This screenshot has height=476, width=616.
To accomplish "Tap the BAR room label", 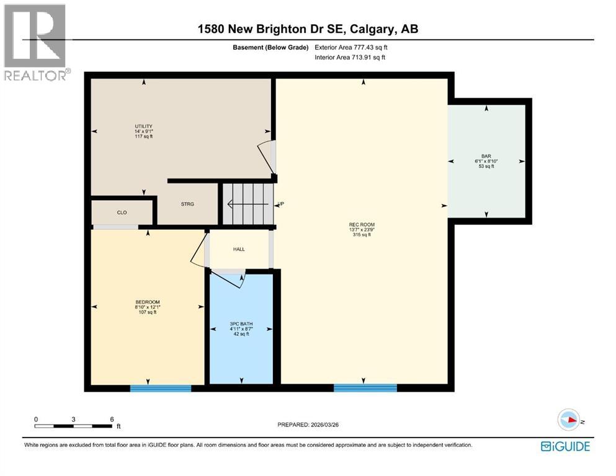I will [486, 156].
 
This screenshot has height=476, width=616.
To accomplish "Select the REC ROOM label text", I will [362, 224].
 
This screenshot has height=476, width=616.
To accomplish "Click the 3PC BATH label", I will [241, 324].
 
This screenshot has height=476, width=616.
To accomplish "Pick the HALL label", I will [239, 249].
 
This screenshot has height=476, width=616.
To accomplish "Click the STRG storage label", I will [188, 204].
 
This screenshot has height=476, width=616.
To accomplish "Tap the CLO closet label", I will [122, 213].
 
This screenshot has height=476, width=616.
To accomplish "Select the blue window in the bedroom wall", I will [161, 389].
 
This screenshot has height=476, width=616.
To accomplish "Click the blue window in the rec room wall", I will [365, 389].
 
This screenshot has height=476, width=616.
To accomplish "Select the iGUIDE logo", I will [565, 446].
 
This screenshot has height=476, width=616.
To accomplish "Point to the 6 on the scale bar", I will [112, 419].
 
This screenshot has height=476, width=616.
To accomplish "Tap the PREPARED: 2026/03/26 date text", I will [308, 425].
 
